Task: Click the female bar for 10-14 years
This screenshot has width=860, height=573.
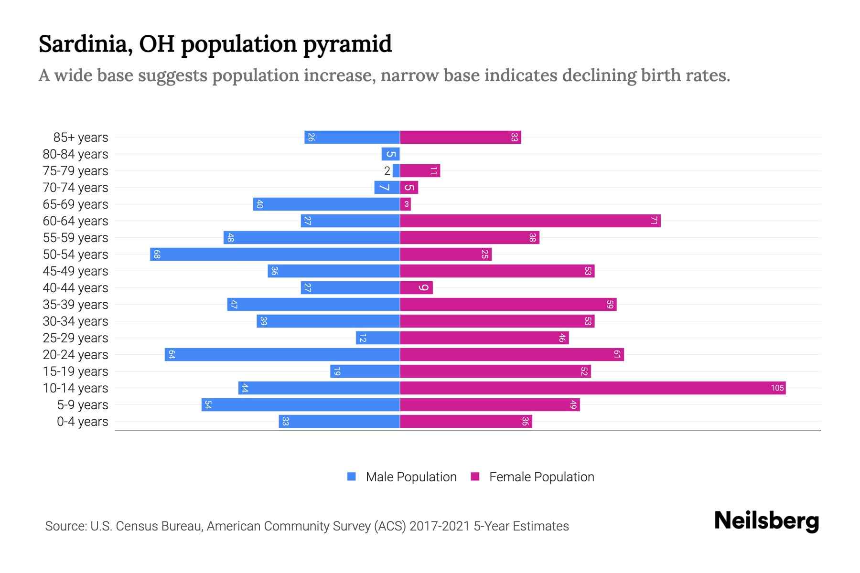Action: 592,388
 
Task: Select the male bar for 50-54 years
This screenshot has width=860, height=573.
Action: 275,254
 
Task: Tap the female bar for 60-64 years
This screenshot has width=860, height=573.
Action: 530,221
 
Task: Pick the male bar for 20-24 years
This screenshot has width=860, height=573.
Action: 282,354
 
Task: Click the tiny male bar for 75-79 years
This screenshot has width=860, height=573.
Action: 396,170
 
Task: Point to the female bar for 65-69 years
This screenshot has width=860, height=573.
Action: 405,204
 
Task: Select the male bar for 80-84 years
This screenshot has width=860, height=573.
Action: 390,154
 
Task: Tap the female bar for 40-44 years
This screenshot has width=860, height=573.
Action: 416,287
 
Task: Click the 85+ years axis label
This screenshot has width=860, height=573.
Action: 81,138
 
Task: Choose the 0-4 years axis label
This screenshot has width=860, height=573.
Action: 82,422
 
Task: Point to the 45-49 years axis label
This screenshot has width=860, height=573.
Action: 75,271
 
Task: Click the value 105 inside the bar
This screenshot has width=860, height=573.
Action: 777,388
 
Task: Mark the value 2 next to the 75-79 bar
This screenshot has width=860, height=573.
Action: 387,171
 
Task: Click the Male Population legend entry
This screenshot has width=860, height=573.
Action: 401,477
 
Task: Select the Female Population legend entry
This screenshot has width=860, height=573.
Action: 532,477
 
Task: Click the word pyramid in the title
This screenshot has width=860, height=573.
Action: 347,44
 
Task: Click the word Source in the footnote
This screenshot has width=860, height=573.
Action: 65,526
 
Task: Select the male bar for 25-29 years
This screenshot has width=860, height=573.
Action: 377,338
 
